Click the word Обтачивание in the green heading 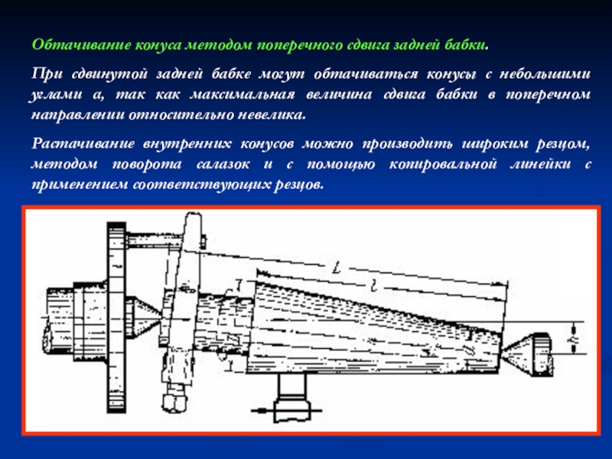(82, 45)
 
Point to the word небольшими (545, 73)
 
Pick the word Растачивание (83, 144)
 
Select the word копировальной (443, 164)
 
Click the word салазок (223, 164)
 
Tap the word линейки (541, 164)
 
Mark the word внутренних (187, 144)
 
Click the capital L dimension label (336, 269)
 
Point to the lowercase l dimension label (373, 287)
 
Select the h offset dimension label (575, 338)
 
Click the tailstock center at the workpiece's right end (527, 354)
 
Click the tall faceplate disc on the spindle (116, 317)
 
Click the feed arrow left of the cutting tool (262, 411)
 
